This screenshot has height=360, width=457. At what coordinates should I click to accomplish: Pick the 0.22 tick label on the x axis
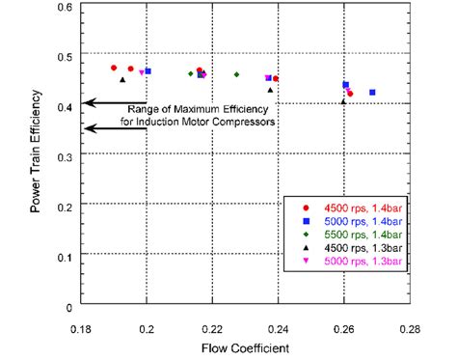tap(213, 327)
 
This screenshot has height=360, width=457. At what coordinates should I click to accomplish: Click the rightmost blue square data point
tap(372, 93)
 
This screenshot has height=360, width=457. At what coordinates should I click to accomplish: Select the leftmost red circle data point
tap(114, 68)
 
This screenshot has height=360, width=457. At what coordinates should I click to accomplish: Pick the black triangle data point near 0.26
tap(343, 101)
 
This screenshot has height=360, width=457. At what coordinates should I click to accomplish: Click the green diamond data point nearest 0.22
tap(219, 73)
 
